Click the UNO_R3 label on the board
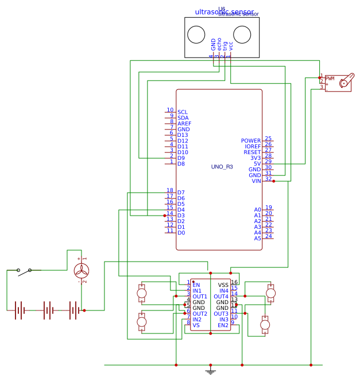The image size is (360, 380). (222, 167)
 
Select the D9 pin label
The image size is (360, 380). (181, 158)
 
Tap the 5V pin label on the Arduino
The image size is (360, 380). (257, 164)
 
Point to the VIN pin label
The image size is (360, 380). (256, 181)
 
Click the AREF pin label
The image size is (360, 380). (184, 124)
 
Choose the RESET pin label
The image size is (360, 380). (252, 152)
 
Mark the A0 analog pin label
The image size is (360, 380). (257, 210)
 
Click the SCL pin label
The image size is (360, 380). (183, 112)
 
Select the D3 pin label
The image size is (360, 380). (181, 216)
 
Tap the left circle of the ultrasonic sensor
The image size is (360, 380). (197, 35)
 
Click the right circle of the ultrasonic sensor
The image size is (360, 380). (242, 35)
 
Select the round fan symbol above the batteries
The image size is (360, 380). (82, 271)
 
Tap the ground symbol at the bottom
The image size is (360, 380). (210, 371)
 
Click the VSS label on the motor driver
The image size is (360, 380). (223, 285)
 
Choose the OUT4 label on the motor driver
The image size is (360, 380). (221, 296)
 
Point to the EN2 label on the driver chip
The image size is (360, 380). (223, 325)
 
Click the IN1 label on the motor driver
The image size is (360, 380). (197, 290)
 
